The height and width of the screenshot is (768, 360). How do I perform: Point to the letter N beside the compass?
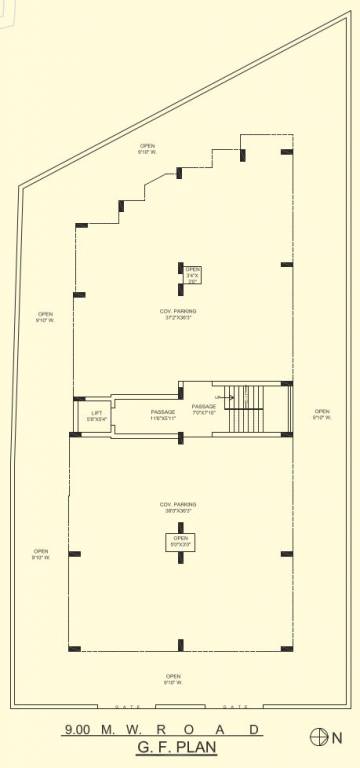[x=337, y=738]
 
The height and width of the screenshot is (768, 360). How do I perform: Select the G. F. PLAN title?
[x=176, y=746]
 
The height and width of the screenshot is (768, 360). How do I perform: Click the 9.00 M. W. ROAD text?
[x=162, y=730]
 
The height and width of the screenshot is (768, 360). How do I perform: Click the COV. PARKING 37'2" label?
[x=178, y=314]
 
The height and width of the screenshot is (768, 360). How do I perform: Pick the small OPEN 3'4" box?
[x=193, y=275]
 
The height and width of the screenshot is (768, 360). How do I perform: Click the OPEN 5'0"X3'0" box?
[x=180, y=542]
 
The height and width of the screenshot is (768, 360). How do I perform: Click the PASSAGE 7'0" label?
[x=204, y=409]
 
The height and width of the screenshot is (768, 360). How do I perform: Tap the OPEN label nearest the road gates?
[x=173, y=678]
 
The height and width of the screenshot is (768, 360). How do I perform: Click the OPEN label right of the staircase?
[x=321, y=414]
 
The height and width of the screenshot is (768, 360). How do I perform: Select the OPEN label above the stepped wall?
[x=147, y=149]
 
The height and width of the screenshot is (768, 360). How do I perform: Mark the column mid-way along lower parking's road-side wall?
[x=180, y=645]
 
